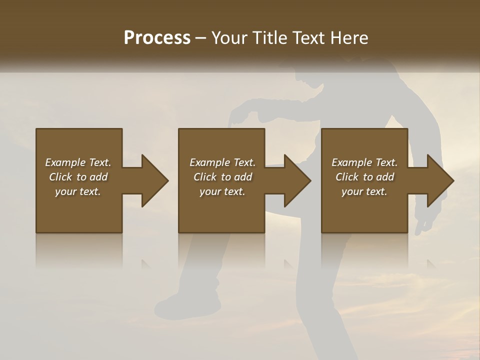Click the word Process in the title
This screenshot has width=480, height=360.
[x=157, y=38]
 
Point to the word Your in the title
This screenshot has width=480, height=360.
[x=229, y=38]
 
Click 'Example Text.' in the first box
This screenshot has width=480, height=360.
[x=78, y=162]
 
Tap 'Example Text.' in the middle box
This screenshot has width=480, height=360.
[x=222, y=162]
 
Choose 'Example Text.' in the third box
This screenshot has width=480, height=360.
[x=364, y=162]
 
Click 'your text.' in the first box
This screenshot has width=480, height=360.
[x=78, y=191]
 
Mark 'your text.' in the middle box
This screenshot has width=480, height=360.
[x=222, y=191]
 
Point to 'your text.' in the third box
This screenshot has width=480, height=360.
[x=364, y=191]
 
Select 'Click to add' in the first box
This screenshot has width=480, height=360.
[x=78, y=177]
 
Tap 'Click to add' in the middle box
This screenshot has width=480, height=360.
[x=222, y=177]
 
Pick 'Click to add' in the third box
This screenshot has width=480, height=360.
[x=364, y=177]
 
